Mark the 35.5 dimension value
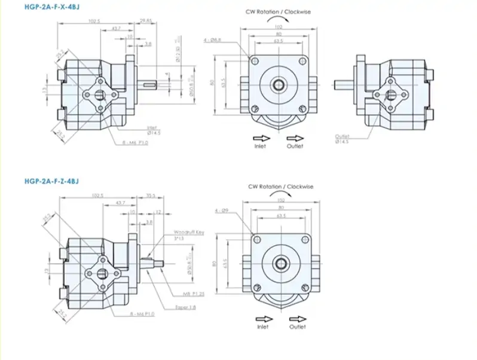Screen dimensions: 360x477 (x=151, y=195)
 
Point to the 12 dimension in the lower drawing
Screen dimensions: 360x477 (x=158, y=212)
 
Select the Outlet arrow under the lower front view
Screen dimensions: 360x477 (x=297, y=319)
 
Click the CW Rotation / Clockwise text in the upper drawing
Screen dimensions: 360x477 (x=278, y=12)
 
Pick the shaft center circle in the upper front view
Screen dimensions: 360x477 (x=279, y=84)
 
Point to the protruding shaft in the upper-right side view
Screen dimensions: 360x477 (x=344, y=85)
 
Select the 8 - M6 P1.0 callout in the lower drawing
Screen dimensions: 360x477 (x=142, y=314)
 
